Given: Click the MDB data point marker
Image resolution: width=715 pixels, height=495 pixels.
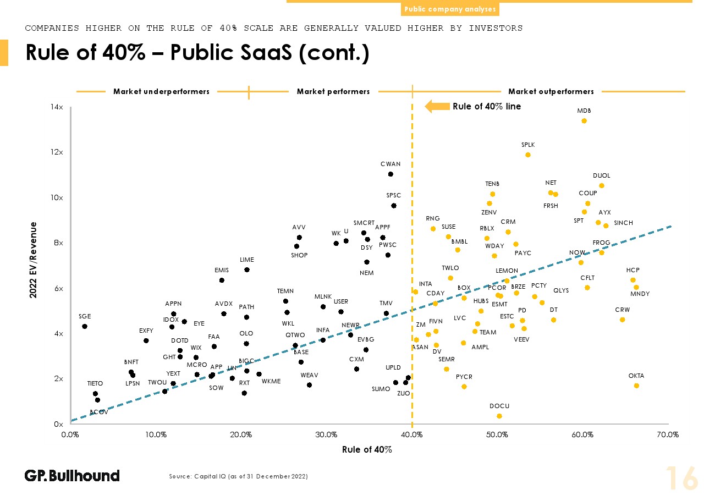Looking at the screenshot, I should [x=584, y=121].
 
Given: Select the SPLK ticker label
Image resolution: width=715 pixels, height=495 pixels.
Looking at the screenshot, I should [x=528, y=145].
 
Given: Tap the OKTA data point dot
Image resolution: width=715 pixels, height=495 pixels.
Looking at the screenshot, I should [x=636, y=386].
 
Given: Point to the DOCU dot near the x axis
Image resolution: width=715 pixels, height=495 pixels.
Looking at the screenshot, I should [x=499, y=416].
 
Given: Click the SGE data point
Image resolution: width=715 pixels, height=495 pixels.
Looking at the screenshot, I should [x=85, y=326].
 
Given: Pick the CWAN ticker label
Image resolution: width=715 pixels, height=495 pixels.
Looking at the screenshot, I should [x=391, y=164].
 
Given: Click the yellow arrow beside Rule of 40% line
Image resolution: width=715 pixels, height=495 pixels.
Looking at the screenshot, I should [x=437, y=106].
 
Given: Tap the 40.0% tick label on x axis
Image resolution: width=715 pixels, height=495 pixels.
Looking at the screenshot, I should [x=412, y=435].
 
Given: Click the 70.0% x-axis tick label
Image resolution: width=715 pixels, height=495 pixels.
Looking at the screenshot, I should [x=668, y=435].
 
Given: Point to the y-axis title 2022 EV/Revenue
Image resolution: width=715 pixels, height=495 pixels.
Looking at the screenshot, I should [x=34, y=260].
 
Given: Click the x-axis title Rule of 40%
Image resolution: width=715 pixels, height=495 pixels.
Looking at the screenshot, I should [x=367, y=449].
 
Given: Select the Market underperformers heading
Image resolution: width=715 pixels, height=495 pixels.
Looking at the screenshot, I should [x=161, y=91].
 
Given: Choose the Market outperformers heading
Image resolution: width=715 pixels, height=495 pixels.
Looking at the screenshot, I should [x=551, y=91].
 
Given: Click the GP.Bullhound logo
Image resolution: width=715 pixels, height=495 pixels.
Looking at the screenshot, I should [x=72, y=475].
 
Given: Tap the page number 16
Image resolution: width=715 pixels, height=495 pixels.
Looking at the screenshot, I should [x=682, y=477].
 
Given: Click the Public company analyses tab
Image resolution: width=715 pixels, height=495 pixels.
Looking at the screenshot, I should [x=450, y=9].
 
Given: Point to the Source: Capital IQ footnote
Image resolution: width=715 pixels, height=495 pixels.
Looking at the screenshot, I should [x=238, y=476].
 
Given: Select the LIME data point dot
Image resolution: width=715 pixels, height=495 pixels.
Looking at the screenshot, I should [x=247, y=269].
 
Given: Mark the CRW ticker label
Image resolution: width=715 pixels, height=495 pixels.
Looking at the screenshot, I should [x=623, y=310].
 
